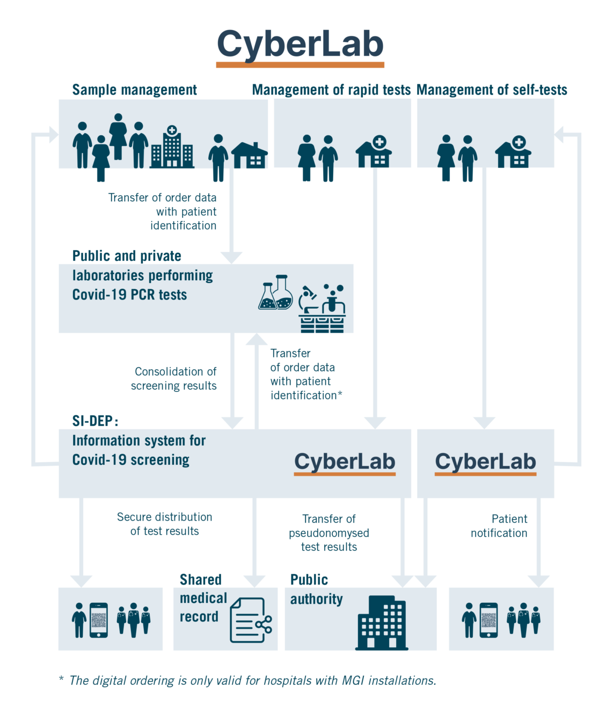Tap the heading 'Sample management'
point(135,90)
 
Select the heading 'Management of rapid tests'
point(331,90)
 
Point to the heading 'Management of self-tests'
point(492,90)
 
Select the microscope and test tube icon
point(322,308)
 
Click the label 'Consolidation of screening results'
point(174,378)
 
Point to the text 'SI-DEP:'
point(95,421)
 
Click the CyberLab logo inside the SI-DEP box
point(345,463)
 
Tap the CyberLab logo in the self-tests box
point(486,463)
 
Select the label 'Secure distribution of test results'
point(165,524)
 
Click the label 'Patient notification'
point(499,526)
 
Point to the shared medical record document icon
point(251,620)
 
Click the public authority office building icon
point(382,623)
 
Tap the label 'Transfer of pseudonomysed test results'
point(329,532)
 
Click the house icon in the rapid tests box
point(374,152)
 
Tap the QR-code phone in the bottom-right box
point(488,621)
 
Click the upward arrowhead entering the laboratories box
point(257,339)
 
